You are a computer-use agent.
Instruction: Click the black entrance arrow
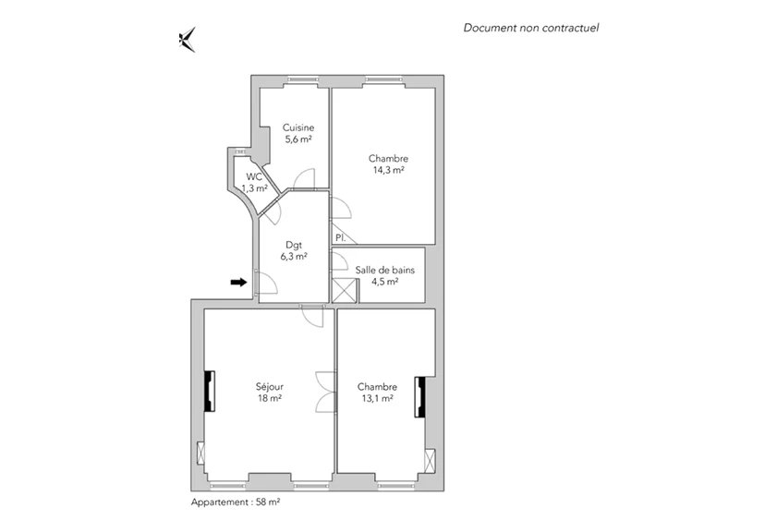click(x=238, y=283)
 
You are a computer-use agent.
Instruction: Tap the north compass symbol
click(x=187, y=40)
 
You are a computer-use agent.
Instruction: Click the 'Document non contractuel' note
click(x=530, y=28)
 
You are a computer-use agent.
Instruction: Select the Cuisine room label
click(x=298, y=127)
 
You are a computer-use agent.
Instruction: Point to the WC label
click(x=254, y=176)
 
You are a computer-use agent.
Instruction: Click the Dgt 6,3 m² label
click(x=294, y=250)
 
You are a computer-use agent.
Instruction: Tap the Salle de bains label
click(x=385, y=270)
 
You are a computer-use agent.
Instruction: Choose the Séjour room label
click(x=270, y=387)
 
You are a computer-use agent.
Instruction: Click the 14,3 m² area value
click(x=388, y=170)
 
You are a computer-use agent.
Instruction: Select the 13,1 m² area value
click(x=378, y=398)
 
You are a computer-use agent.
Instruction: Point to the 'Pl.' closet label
click(x=340, y=237)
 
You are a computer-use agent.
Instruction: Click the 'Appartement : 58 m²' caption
click(x=236, y=502)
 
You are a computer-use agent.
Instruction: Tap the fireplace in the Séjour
click(x=210, y=392)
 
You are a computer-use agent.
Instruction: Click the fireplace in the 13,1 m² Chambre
click(x=420, y=397)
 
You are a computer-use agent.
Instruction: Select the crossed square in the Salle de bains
click(x=345, y=291)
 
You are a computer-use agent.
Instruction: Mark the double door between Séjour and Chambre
click(x=325, y=392)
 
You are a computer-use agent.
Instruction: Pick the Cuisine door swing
click(x=304, y=179)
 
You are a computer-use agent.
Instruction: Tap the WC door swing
click(x=271, y=213)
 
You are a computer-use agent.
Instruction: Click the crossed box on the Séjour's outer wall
click(x=200, y=453)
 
